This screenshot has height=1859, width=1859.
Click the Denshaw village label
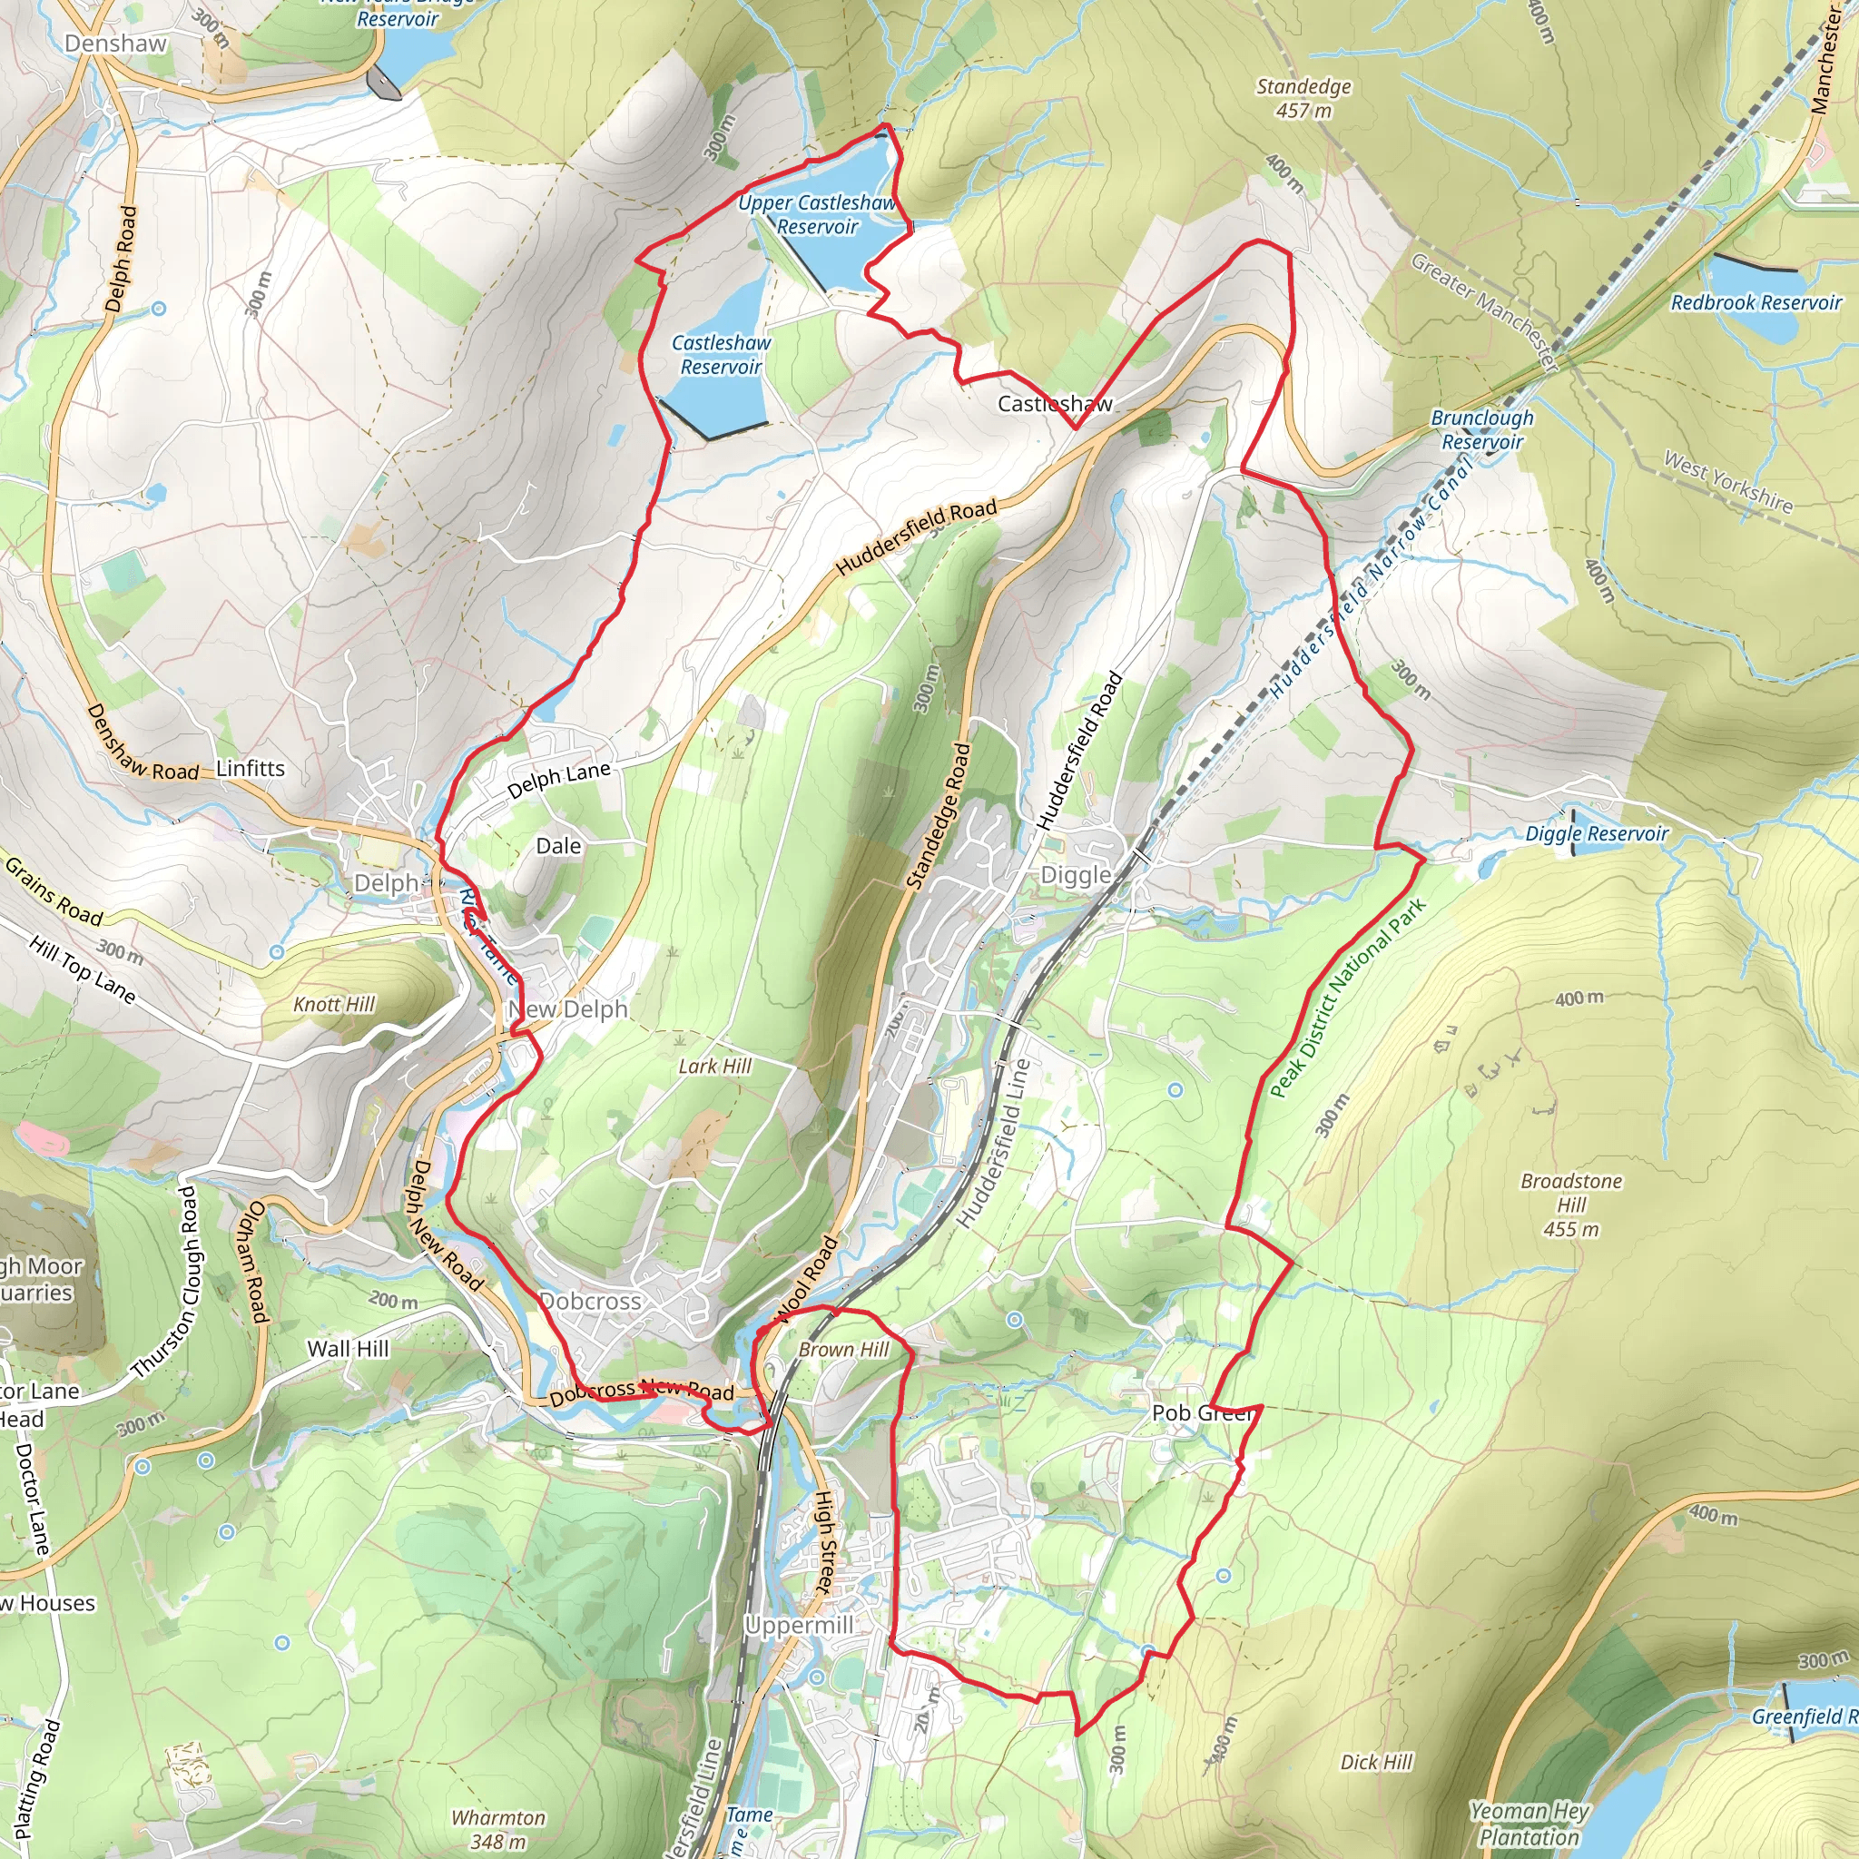tap(115, 44)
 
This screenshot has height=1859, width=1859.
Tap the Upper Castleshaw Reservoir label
tap(817, 214)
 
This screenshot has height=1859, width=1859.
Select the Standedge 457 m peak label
tap(1303, 98)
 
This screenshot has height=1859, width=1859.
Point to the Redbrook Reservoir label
tap(1756, 303)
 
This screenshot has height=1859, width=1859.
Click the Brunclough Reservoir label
tap(1481, 430)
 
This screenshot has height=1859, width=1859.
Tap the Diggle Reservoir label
tap(1597, 834)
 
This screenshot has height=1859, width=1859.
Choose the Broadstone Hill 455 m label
tap(1571, 1205)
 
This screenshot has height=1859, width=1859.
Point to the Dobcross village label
tap(590, 1302)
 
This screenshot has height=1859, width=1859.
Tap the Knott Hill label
tap(334, 1005)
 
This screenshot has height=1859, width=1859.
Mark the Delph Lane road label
tap(559, 780)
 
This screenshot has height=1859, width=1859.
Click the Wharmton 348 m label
tap(498, 1829)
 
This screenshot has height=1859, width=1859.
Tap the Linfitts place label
tap(251, 769)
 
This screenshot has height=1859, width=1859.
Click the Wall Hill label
tap(349, 1349)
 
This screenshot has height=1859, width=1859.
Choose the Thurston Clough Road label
tap(163, 1282)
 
